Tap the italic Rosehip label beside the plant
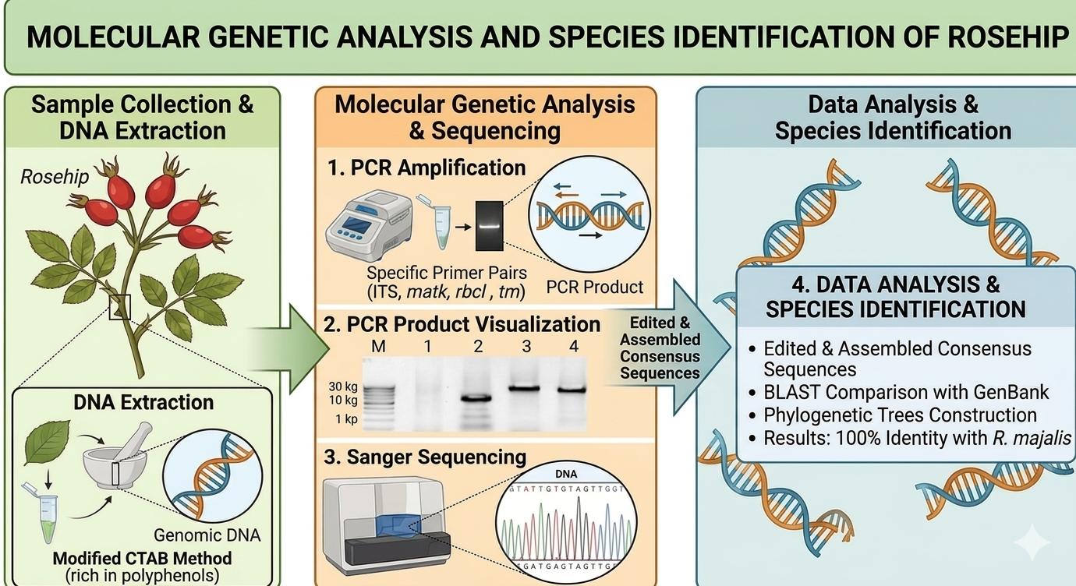coord(55,177)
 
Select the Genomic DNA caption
coord(207,535)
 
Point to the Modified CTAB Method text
coord(142,558)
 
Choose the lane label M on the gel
coord(378,346)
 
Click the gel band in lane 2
coord(476,398)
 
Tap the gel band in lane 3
coord(524,388)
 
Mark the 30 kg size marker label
coord(343,387)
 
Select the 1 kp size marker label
coord(346,419)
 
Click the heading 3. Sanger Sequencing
coord(425,457)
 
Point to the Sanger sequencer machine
coord(387,525)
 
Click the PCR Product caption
coord(595,287)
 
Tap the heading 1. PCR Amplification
coord(426,168)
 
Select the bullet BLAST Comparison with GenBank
coord(906,392)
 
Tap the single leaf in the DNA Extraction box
coord(47,442)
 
